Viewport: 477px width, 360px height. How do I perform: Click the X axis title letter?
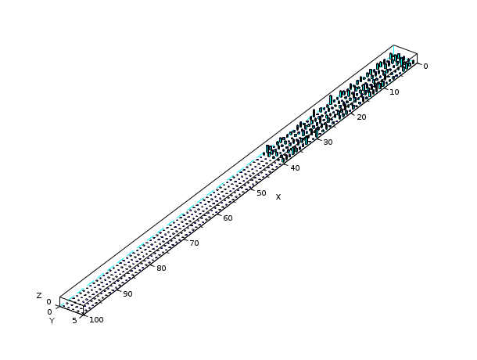tap(278, 197)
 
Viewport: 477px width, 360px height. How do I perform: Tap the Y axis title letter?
tap(52, 321)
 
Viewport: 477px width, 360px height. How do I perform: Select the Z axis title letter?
tap(39, 295)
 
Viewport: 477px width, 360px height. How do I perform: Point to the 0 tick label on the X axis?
tap(425, 67)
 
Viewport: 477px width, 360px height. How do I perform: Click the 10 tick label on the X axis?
tap(394, 92)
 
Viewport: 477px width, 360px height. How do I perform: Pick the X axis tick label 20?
tap(361, 117)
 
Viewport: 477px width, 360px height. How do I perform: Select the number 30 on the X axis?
tap(328, 142)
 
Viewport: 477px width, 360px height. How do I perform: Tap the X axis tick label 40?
tap(295, 167)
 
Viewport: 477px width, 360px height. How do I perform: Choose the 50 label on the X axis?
tap(261, 193)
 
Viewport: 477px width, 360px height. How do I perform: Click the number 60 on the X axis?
tap(228, 218)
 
